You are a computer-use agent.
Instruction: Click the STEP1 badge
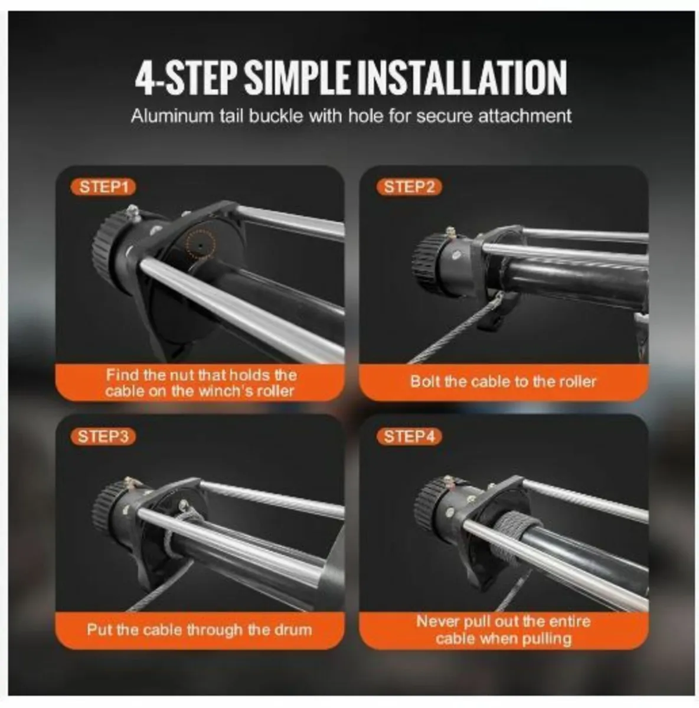point(103,187)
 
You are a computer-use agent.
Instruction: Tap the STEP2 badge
point(409,187)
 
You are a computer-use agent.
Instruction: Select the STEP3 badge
point(103,437)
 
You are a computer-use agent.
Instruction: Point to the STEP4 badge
point(409,437)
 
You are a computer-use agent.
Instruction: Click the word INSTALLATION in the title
point(461,78)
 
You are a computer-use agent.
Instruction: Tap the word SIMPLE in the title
point(296,78)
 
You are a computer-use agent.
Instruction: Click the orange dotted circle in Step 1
point(200,243)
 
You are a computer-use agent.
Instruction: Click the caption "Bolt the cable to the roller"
point(503,382)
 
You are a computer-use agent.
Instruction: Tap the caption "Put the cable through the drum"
point(200,630)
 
